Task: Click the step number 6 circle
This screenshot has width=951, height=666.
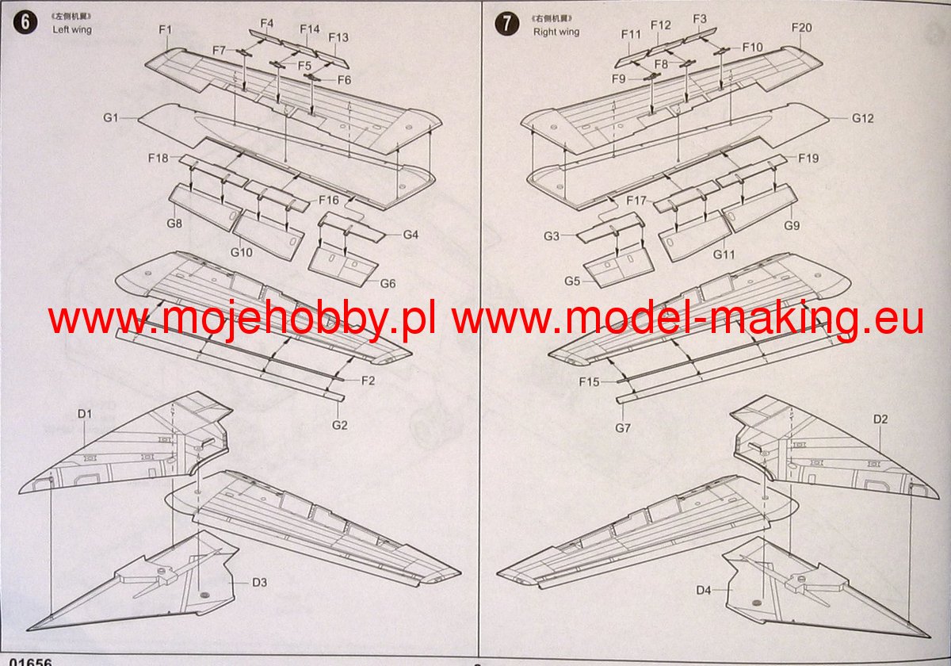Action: (x=26, y=23)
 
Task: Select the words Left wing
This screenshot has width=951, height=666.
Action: (x=72, y=29)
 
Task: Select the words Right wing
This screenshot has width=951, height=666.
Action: (x=556, y=32)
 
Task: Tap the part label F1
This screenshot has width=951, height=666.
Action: (x=166, y=30)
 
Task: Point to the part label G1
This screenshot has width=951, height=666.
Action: (x=110, y=118)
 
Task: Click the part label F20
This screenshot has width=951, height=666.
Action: (x=801, y=28)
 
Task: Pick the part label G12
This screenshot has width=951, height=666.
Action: (x=862, y=118)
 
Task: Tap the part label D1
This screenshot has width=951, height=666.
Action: (x=86, y=414)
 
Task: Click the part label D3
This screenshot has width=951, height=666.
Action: (x=259, y=583)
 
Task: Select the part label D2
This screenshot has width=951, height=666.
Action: (x=880, y=419)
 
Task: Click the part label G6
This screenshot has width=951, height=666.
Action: (x=388, y=284)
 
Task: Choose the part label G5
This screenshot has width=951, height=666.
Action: (x=573, y=281)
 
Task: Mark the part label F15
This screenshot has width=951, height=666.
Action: (x=589, y=382)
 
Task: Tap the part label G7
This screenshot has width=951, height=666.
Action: (x=622, y=428)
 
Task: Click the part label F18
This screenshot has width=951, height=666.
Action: (x=158, y=158)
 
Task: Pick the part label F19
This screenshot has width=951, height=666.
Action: (x=808, y=158)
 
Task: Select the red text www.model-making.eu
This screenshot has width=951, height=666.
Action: (x=688, y=320)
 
